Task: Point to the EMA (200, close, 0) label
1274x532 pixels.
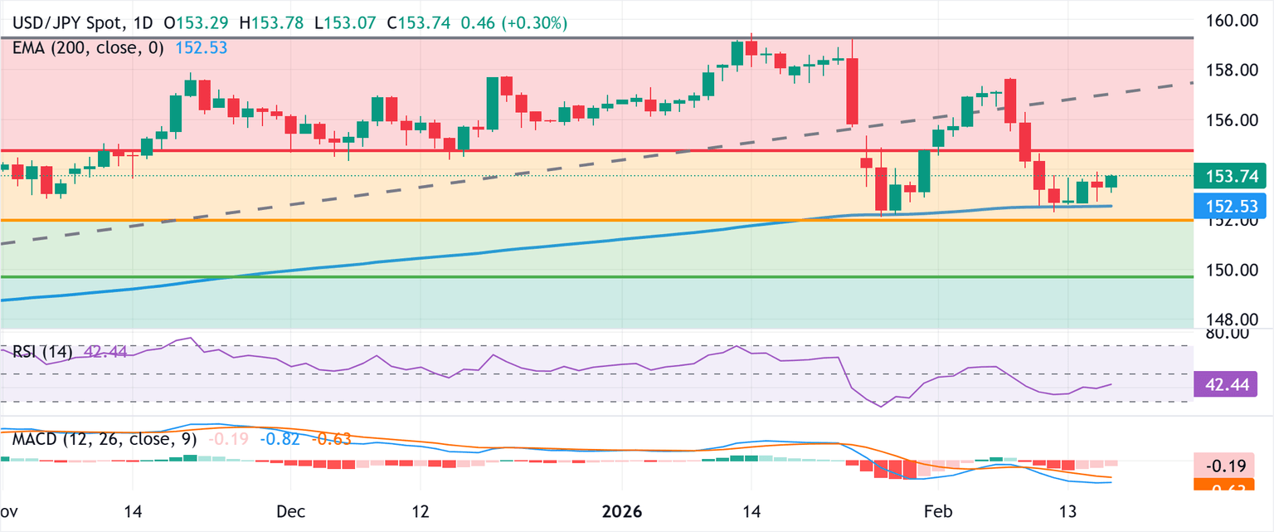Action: click(90, 48)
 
